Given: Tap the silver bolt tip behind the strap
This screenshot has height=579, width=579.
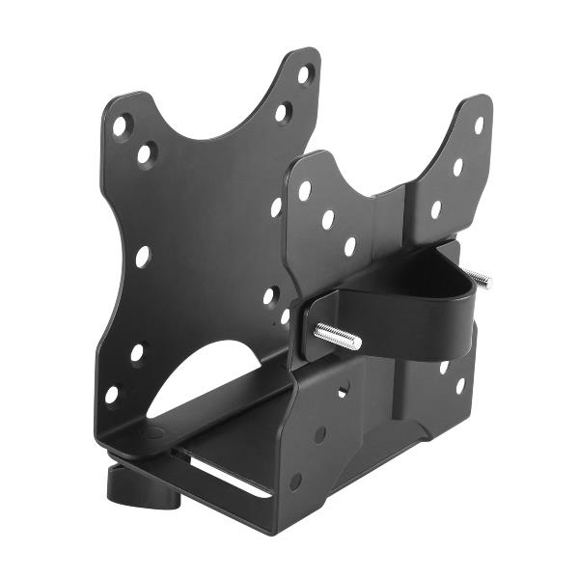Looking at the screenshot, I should tap(481, 280).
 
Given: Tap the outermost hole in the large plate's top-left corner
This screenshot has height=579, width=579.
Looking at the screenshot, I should tap(120, 124).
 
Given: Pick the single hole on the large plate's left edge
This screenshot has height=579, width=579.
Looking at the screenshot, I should tap(142, 256).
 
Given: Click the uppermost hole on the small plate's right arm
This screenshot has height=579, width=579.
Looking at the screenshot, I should tap(478, 124).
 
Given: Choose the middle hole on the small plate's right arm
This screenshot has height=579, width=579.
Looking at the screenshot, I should tap(457, 166).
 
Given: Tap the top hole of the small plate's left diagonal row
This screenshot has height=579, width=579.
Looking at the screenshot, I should tap(305, 190).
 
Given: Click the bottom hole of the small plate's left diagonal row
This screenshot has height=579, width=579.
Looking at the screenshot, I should tap(349, 246).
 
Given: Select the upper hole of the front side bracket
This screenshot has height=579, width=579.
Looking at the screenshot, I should tap(339, 391).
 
